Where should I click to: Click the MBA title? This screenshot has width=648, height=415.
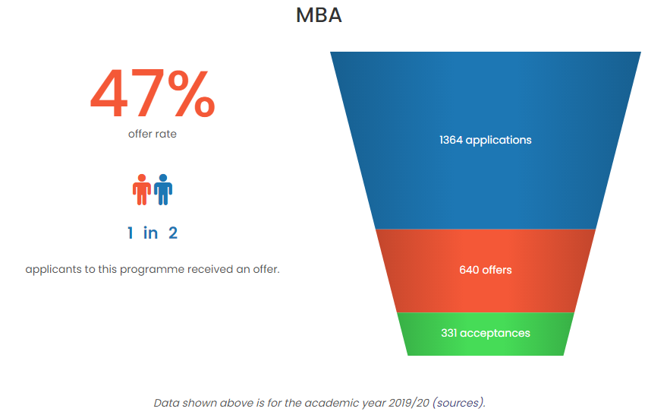click(319, 16)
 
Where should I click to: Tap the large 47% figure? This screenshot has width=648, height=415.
click(153, 93)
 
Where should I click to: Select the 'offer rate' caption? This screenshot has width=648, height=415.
click(152, 134)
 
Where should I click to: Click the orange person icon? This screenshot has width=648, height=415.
click(142, 190)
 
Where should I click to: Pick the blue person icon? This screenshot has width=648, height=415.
click(163, 190)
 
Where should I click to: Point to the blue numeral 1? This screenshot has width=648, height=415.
click(131, 233)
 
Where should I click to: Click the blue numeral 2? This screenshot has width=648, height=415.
click(173, 233)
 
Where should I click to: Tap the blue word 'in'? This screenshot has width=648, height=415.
click(150, 233)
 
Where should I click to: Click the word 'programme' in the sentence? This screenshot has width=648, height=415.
click(152, 270)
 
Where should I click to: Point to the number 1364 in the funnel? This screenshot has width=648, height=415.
click(451, 140)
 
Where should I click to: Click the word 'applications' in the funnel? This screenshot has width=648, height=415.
click(499, 141)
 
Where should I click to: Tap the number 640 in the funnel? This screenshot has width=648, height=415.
click(469, 270)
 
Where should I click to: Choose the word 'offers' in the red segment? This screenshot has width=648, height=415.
click(497, 270)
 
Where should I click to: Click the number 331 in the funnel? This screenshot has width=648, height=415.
click(448, 333)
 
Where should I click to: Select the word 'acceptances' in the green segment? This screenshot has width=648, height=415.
click(495, 334)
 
